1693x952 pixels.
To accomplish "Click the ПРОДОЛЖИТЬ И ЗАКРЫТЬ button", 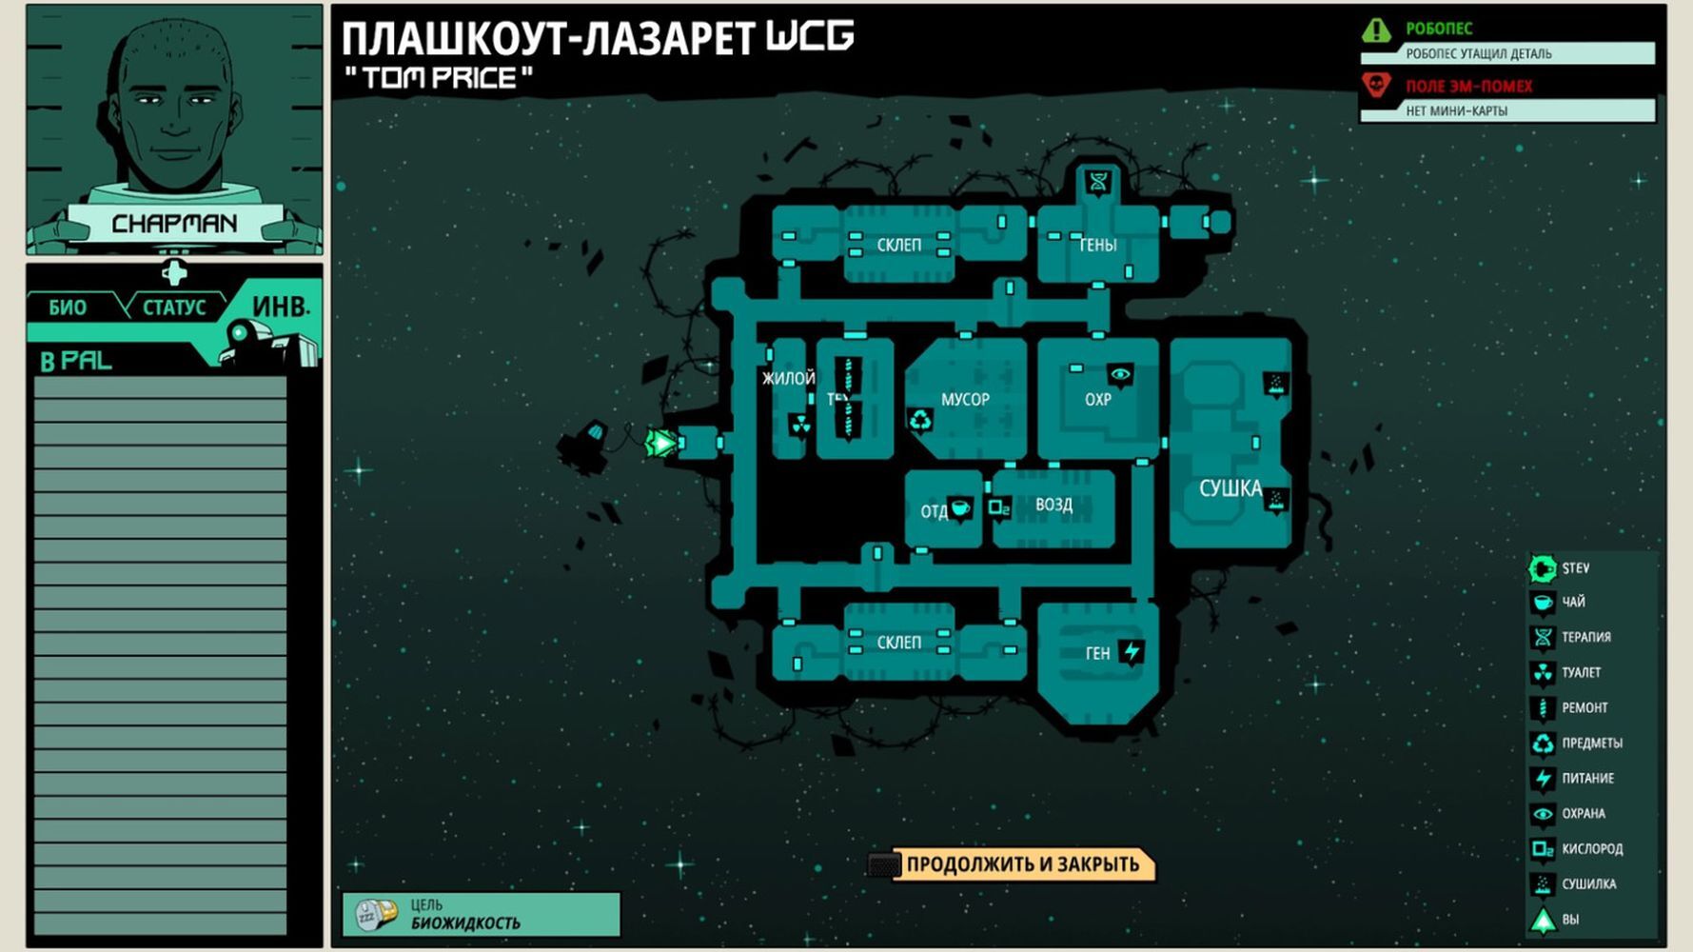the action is pos(1021,864).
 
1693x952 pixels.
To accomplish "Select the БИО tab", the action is pos(68,307).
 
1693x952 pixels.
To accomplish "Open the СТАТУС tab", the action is pos(174,307).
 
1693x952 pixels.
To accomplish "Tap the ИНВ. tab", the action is pos(280,307).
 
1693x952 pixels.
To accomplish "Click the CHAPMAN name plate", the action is pos(174,224).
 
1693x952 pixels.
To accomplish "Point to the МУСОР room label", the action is pos(965,399).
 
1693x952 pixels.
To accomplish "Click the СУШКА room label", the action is pos(1230,488).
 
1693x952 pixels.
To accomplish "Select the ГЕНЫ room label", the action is pos(1097,246).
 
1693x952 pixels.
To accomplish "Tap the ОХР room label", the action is pos(1097,399).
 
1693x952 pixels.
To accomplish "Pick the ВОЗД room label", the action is pos(1053,505).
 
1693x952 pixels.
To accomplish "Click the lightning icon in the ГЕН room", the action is pos(1132,652).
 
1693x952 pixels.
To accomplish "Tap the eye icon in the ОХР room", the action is pos(1120,375).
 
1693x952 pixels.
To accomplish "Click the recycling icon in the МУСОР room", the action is pos(920,420).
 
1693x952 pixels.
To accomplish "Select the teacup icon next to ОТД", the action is pos(961,508).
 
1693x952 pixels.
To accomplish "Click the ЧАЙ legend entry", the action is pos(1573,602).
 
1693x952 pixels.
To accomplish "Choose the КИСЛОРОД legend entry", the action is pos(1591,848).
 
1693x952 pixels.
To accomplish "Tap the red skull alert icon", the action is pos(1376,87).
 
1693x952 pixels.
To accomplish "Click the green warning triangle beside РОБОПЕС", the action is pos(1376,30).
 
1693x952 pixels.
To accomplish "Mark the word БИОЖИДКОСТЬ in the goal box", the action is pos(465,922).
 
